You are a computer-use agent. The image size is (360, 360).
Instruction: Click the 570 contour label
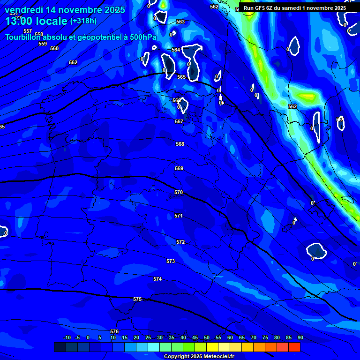point(179,193)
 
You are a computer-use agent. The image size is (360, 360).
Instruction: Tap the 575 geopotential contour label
point(137,299)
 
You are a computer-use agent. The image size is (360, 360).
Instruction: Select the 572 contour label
point(180,242)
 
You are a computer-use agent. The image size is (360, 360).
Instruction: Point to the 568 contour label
point(180,144)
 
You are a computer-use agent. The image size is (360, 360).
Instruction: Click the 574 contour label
point(157,279)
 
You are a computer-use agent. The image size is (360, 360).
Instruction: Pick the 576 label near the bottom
point(114,331)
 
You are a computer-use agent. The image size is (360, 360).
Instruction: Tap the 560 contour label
point(54,48)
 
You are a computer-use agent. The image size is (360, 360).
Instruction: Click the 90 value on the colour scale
point(300,337)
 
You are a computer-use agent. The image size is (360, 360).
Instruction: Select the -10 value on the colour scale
point(67,337)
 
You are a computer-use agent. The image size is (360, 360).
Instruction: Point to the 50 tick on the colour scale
point(207,337)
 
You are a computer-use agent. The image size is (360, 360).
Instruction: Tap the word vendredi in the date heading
point(24,10)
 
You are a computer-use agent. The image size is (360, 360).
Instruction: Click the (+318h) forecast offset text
point(83,21)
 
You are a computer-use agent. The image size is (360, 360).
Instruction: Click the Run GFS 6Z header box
point(294,8)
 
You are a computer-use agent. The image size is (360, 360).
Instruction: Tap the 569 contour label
point(179,168)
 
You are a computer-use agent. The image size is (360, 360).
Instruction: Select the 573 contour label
point(171,261)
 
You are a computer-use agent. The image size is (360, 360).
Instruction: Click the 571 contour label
point(179,216)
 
